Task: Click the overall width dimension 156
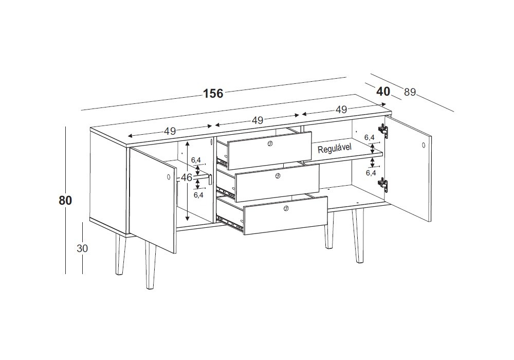click(213, 94)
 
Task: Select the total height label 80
click(65, 200)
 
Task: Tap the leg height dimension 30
click(82, 248)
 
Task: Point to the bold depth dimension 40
click(383, 91)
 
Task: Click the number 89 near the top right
click(410, 93)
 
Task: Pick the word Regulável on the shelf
click(335, 149)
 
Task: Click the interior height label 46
click(187, 178)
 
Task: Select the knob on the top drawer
click(270, 143)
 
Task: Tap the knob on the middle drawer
click(278, 176)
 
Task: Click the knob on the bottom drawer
click(285, 208)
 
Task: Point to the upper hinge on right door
click(383, 130)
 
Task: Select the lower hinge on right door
click(383, 184)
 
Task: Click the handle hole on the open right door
click(424, 145)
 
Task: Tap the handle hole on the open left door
click(169, 177)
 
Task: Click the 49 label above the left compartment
click(170, 131)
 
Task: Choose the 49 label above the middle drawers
click(258, 120)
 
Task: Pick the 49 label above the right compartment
click(341, 110)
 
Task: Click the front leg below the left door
click(150, 266)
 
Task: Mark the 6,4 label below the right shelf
click(371, 173)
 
